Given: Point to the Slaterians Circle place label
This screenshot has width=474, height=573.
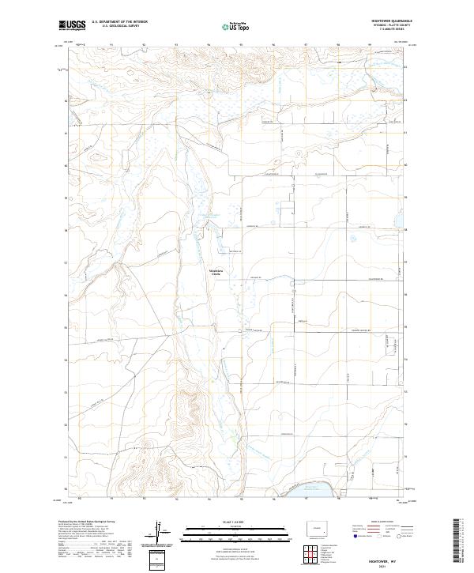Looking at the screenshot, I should coord(215,273).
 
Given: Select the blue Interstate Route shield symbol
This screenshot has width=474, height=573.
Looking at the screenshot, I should coord(348,536).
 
